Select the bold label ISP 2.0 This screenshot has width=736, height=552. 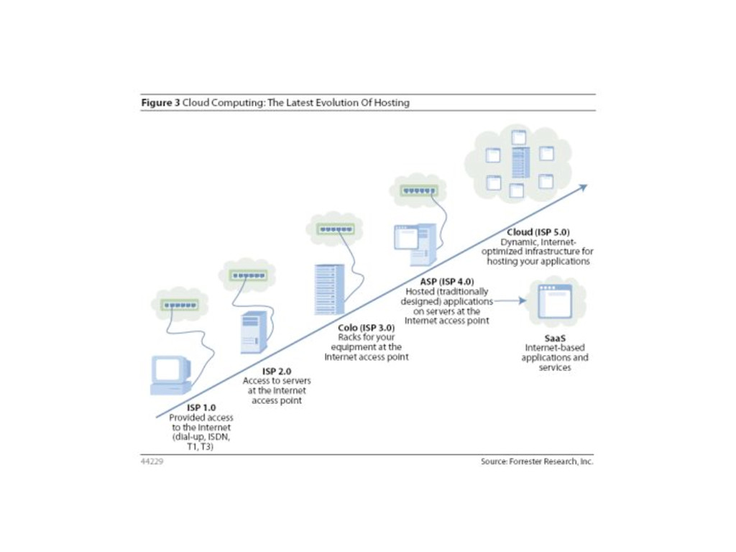pos(277,371)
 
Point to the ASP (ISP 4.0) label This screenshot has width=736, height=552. pos(446,282)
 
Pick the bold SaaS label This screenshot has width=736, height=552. pos(554,337)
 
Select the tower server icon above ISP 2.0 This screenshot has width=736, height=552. pos(254,331)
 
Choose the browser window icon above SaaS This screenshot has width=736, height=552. pos(555,301)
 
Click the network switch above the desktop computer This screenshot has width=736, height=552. pos(180,305)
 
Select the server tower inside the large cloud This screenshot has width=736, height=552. pos(520,162)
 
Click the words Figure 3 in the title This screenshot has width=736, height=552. pos(160,103)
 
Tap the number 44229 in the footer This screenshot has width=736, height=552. pos(152,461)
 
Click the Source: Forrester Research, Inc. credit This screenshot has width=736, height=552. pos(537,461)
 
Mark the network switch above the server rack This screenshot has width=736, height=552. pos(336,229)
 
